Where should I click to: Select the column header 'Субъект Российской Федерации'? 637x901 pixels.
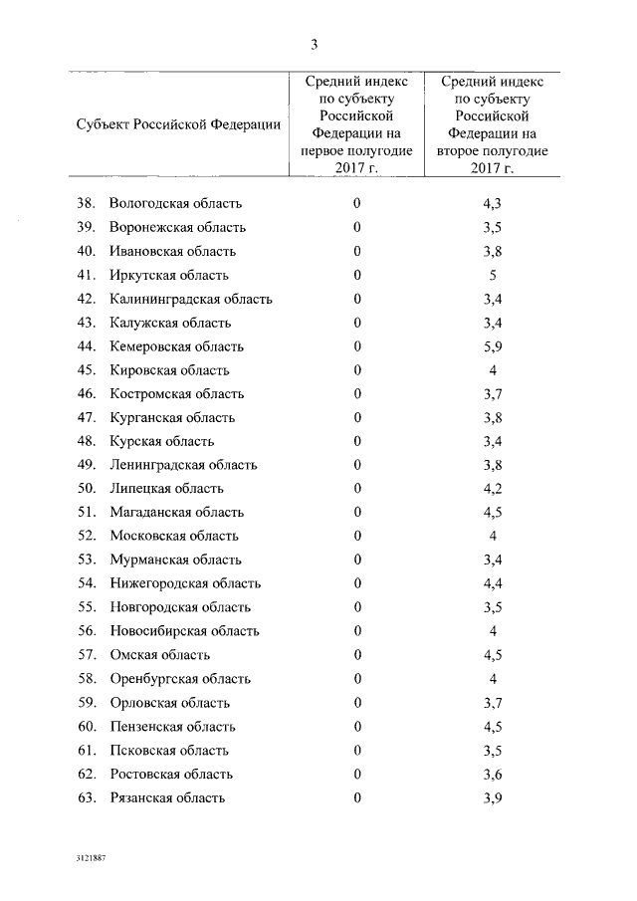177,124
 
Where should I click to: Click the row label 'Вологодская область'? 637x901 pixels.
176,204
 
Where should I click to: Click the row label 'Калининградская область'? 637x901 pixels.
191,300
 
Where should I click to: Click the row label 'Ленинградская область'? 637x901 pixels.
183,465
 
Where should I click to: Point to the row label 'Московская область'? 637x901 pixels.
174,537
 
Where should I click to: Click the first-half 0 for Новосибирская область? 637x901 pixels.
356,631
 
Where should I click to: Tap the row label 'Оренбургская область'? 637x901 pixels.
180,679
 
